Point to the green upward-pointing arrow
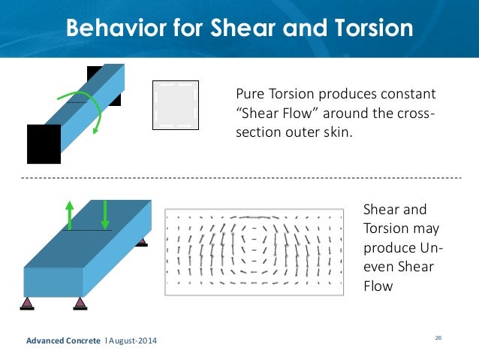pos(69,214)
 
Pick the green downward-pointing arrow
pos(104,214)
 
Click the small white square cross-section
pos(176,104)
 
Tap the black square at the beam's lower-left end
pos(44,144)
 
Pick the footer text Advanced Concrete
pos(63,342)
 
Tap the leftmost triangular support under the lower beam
pos(27,302)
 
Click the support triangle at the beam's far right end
pos(140,240)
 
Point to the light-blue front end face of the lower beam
pos(53,281)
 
